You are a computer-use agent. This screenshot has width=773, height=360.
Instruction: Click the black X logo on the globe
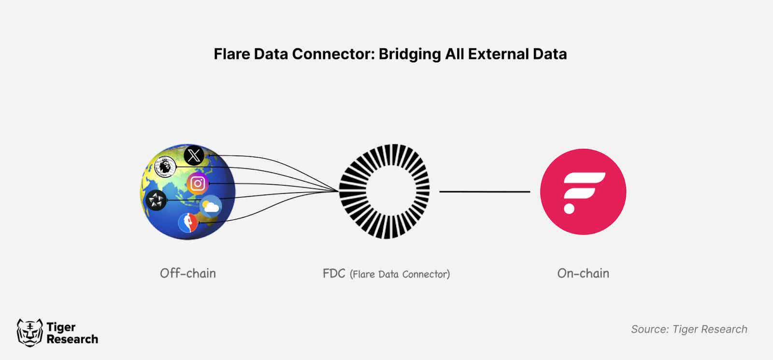click(194, 156)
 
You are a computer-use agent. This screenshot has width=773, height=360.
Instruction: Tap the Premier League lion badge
click(165, 167)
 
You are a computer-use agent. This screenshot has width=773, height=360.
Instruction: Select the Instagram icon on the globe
click(197, 184)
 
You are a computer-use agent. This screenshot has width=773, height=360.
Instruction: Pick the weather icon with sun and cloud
click(211, 207)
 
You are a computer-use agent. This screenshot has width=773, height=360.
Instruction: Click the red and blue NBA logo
click(188, 223)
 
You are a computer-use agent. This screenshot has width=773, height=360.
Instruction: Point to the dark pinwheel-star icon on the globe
click(156, 200)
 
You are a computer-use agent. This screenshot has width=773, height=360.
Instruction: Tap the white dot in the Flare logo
click(569, 209)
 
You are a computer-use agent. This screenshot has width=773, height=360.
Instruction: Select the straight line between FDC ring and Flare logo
click(485, 192)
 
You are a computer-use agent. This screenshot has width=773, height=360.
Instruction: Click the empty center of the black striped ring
click(385, 191)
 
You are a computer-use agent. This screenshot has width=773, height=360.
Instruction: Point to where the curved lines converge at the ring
click(339, 191)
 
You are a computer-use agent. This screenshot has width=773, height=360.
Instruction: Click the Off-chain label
click(188, 274)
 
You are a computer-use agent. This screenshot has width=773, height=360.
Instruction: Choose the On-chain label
click(583, 274)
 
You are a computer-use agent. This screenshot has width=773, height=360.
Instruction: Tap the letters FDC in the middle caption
click(334, 274)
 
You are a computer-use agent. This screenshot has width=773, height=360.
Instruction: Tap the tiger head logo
click(29, 332)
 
